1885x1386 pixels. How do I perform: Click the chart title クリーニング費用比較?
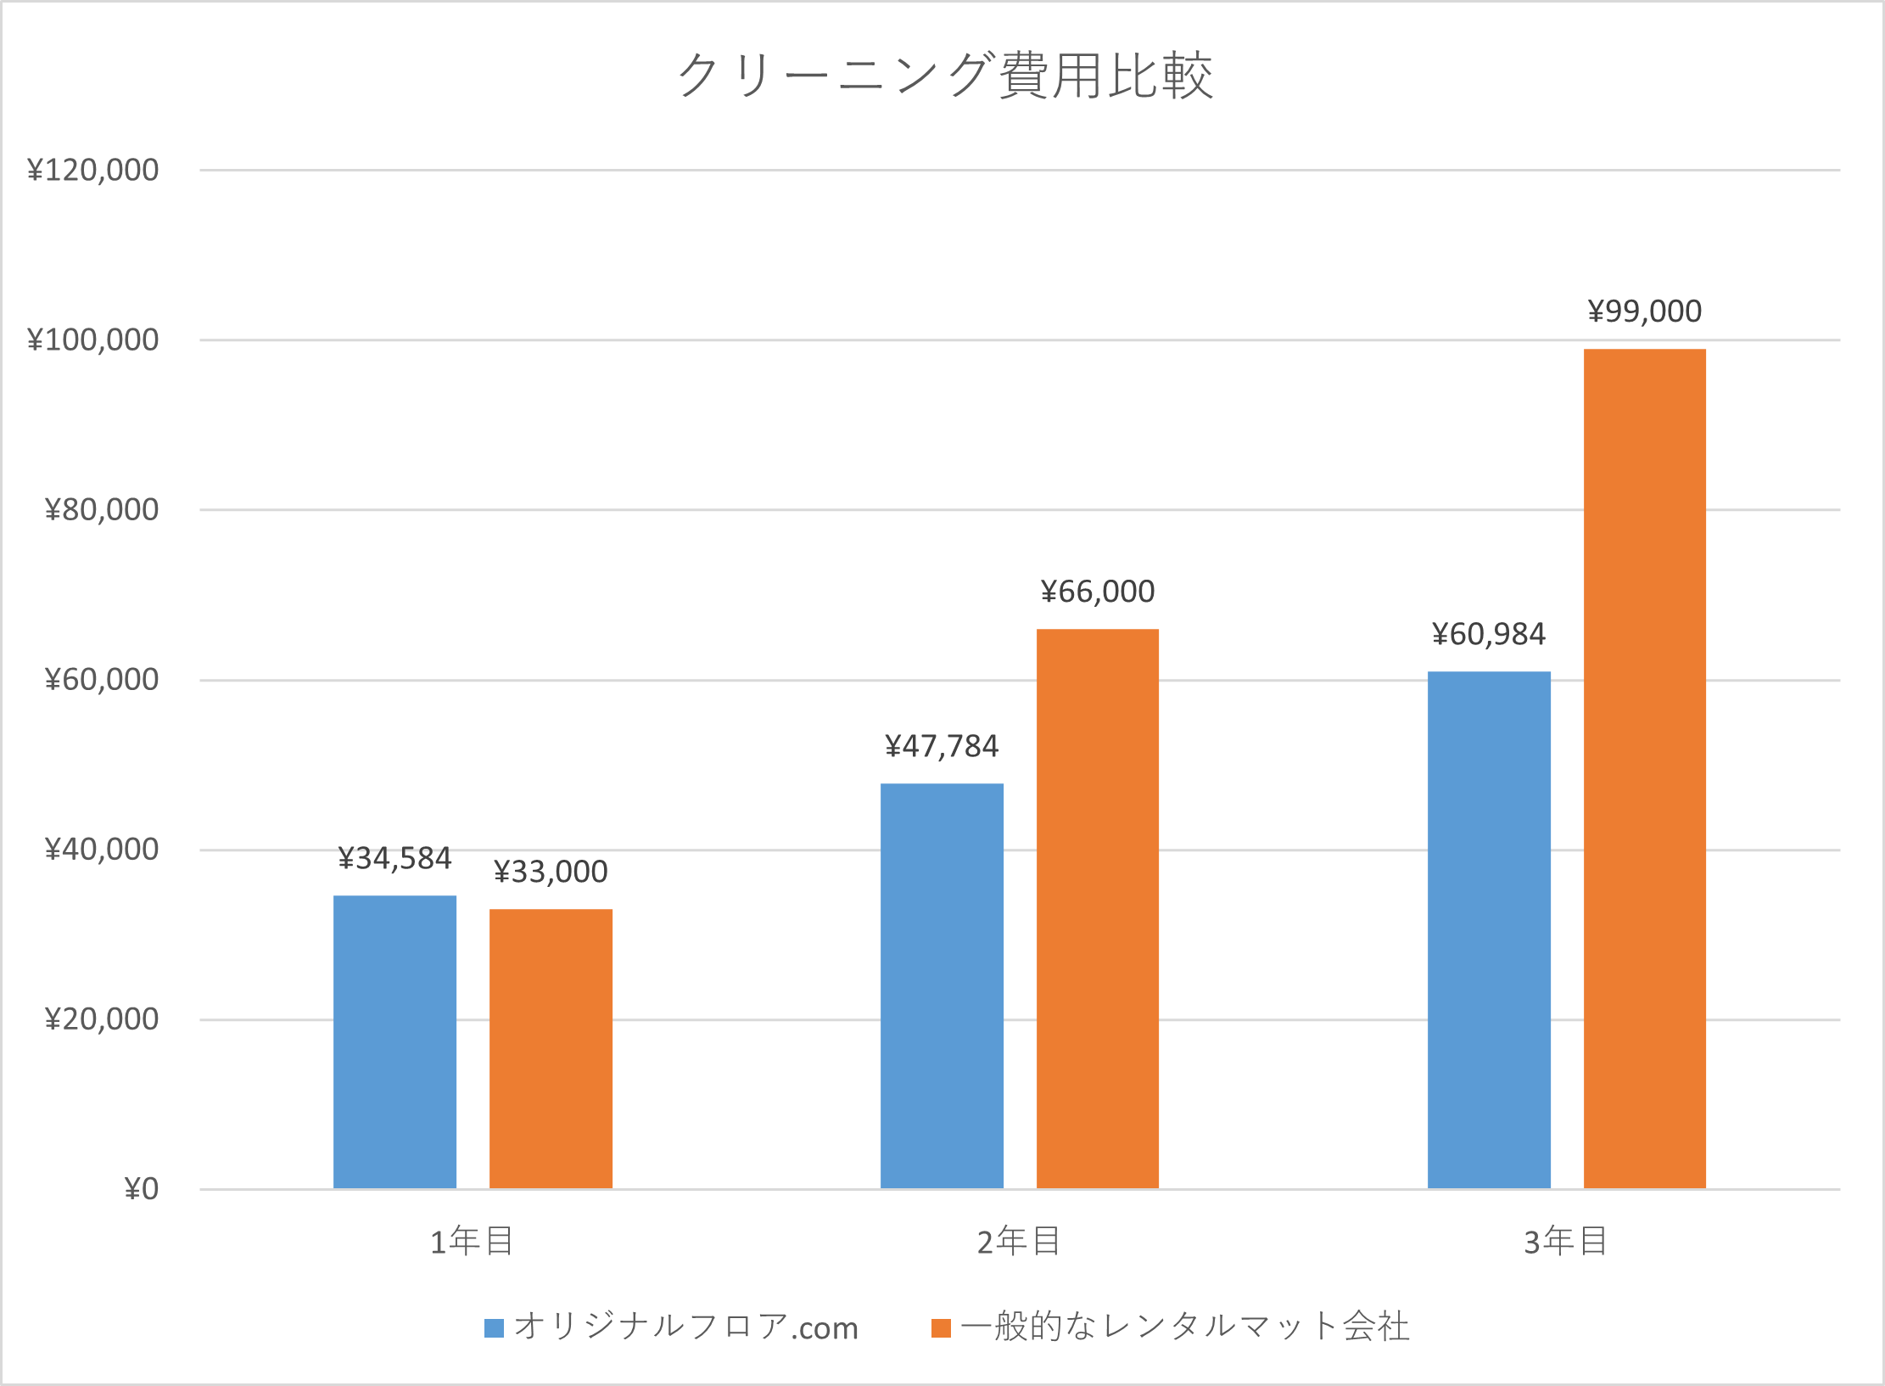tap(945, 76)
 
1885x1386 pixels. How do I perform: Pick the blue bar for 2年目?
tap(942, 985)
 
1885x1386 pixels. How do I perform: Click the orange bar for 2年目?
tap(1097, 908)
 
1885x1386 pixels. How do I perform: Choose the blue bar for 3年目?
tap(1489, 929)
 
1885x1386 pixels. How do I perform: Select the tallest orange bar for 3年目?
tap(1644, 768)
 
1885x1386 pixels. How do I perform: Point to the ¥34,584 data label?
tap(394, 858)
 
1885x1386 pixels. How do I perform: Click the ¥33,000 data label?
tap(551, 872)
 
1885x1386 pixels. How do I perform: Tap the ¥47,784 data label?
tap(942, 746)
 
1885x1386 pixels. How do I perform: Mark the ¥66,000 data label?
tap(1097, 592)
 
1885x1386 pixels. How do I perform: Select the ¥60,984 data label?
tap(1489, 634)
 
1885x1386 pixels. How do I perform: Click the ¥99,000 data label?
tap(1644, 311)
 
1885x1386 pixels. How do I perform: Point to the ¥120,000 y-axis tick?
tap(93, 170)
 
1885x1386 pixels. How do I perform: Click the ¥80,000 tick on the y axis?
tap(102, 509)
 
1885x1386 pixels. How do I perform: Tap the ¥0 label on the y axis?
tap(142, 1189)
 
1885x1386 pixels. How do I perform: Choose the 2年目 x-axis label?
tap(1019, 1242)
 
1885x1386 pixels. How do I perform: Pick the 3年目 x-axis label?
tap(1566, 1242)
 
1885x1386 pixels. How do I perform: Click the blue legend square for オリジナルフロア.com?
tap(494, 1327)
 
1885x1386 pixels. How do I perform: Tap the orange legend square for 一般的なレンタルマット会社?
tap(941, 1327)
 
